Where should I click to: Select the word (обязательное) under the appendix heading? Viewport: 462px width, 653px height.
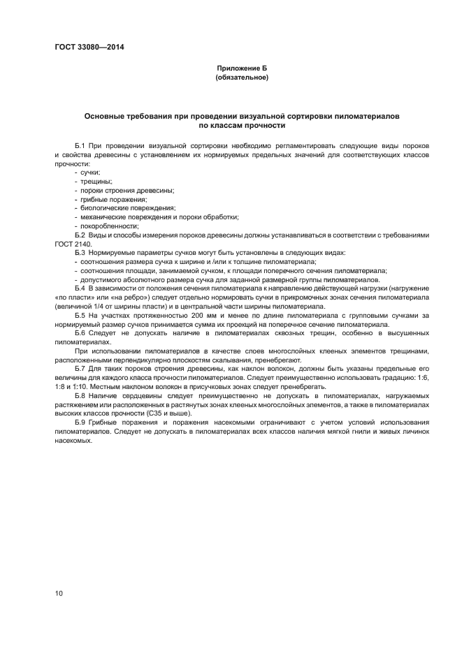click(x=242, y=78)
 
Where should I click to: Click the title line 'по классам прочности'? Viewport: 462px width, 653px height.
click(x=242, y=126)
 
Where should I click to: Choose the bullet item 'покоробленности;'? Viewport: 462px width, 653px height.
click(x=105, y=226)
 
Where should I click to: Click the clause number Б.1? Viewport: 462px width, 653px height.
click(x=80, y=145)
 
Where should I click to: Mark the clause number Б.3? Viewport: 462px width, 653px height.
click(x=80, y=252)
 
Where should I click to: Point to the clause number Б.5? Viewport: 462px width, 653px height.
click(x=80, y=315)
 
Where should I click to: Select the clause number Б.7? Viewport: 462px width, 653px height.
click(x=80, y=369)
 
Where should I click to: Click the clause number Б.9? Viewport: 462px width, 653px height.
click(x=80, y=423)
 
